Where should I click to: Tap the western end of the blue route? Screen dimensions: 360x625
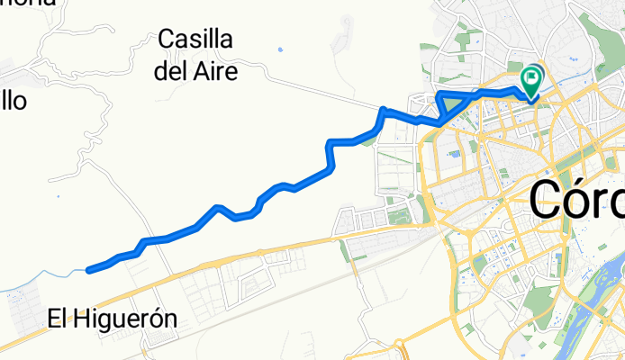tap(88, 269)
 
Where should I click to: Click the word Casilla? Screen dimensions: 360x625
tap(195, 40)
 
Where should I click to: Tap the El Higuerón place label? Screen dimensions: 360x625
tap(112, 318)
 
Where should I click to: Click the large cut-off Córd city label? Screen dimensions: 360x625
tap(576, 200)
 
